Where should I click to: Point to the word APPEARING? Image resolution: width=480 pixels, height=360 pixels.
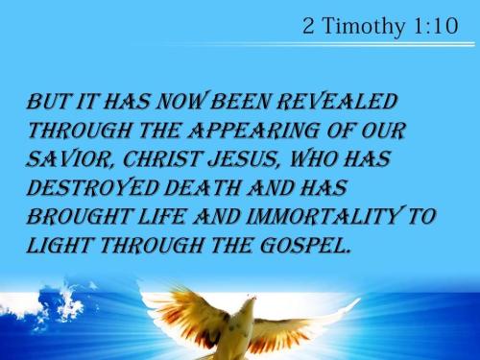click(x=238, y=129)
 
